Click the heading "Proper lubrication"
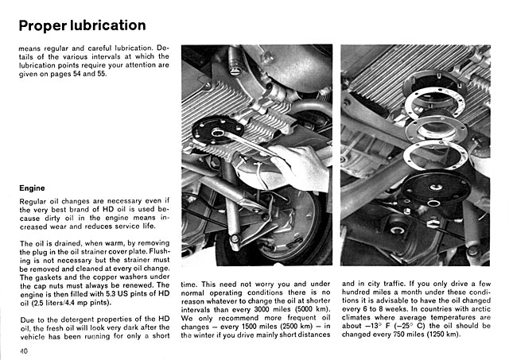[81, 25]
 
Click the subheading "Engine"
[35, 188]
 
